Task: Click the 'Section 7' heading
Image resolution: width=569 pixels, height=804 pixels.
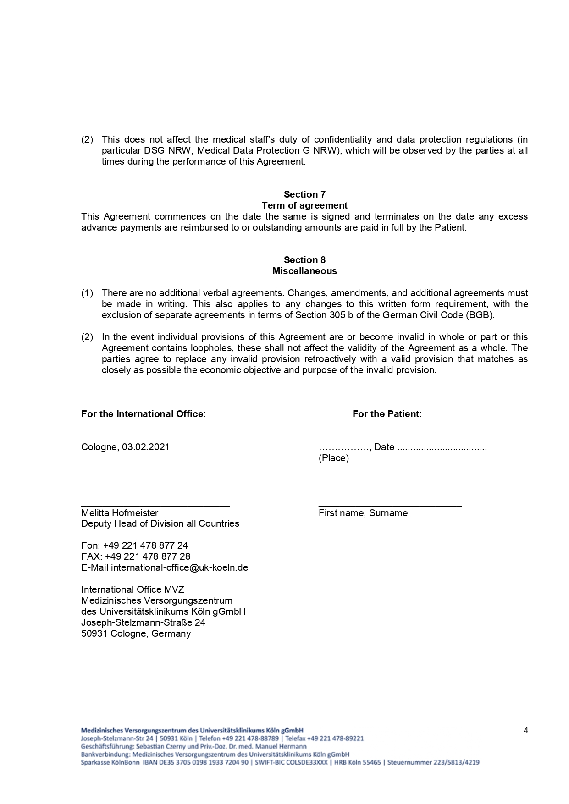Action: coord(304,194)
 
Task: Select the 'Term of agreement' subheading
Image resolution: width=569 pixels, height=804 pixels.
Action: coord(304,205)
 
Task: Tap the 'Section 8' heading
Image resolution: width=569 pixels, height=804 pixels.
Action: coord(304,260)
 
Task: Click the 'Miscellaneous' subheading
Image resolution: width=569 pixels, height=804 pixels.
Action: coord(304,271)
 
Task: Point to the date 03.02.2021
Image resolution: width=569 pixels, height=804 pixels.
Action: coord(146,447)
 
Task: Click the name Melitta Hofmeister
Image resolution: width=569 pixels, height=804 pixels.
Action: coord(120,513)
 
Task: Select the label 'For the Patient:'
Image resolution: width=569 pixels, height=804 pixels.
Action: coord(387,414)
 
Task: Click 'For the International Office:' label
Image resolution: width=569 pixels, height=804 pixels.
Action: coord(144,414)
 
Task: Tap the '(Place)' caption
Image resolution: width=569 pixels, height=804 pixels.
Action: coord(334,458)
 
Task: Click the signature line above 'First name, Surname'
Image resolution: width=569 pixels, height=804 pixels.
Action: coord(390,506)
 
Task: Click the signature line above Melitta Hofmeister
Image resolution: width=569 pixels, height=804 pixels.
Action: coord(155,506)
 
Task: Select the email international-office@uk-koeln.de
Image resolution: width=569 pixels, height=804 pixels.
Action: coord(179,567)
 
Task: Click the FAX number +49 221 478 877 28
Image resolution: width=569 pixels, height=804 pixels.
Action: coord(148,556)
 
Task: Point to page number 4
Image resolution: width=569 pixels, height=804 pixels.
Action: coord(526,731)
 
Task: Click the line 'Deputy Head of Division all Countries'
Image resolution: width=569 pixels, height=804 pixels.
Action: coord(160,523)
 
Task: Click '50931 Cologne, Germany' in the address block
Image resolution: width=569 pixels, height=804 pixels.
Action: coord(136,633)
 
